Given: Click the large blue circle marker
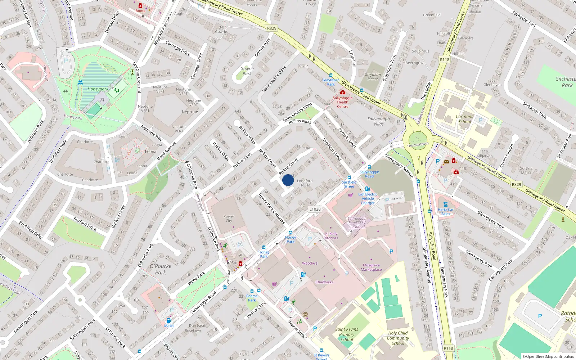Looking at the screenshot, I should click(x=288, y=180).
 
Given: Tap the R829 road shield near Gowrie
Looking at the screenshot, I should click(x=272, y=28).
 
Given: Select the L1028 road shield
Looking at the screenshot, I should click(x=315, y=209).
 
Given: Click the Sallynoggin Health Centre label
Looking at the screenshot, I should click(x=343, y=102).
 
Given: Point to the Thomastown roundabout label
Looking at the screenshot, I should click(x=418, y=145).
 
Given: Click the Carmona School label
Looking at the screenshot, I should click(x=464, y=119).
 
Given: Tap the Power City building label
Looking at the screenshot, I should click(x=229, y=219).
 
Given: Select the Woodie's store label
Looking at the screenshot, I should click(x=310, y=263).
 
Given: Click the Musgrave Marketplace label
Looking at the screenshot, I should click(x=371, y=267).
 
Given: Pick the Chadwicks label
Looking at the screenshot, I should click(x=324, y=282).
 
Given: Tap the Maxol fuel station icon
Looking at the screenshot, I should click(x=168, y=320).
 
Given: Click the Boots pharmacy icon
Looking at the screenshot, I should click(x=140, y=6).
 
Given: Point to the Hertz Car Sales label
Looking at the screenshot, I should click(x=446, y=212).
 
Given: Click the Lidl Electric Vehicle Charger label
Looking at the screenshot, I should click(x=368, y=198).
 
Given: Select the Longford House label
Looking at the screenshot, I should click(x=305, y=183).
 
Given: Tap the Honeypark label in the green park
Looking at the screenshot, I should click(x=98, y=89).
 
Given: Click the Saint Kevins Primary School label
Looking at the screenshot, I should click(x=347, y=334).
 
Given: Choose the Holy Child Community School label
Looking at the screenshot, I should click(x=398, y=338).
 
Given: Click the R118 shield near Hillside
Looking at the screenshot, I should click(x=445, y=60).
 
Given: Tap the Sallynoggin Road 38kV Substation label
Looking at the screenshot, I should click(x=357, y=222).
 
